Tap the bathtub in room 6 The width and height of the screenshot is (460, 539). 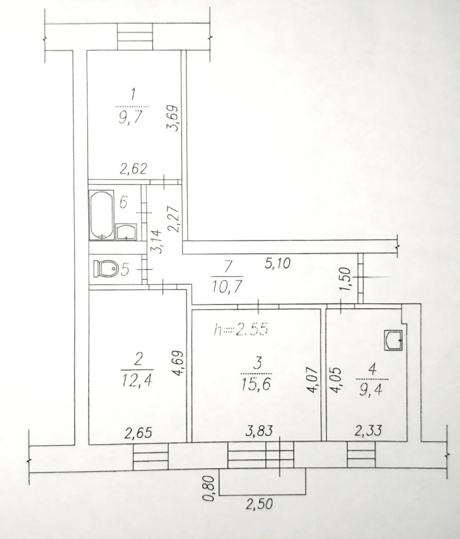pos(102,215)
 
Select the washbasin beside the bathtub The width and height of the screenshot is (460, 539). pos(126,232)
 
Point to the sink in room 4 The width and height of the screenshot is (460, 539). pos(393,340)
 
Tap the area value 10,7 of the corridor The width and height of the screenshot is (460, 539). pos(227,287)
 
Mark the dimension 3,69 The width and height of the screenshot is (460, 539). pos(173,117)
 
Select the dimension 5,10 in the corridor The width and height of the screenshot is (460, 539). pos(277,264)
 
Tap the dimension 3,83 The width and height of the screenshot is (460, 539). pos(259,431)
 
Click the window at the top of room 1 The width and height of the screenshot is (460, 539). pos(135,37)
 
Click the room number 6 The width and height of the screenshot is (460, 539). pos(124,203)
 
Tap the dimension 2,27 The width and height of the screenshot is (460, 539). pos(173,219)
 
